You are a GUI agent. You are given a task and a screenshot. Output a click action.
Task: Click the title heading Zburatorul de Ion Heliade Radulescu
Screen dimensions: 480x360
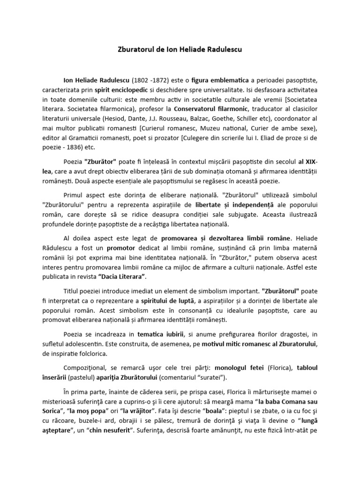coord(180,49)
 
